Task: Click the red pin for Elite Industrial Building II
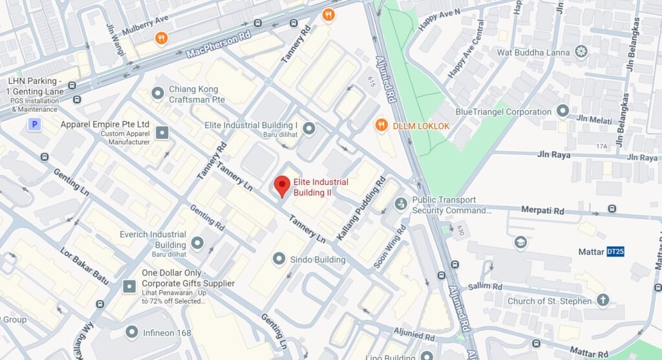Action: point(282,185)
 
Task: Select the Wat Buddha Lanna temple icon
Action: point(581,51)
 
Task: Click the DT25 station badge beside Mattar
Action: point(615,251)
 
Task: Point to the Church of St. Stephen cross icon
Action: point(603,301)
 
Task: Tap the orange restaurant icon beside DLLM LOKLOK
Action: point(381,125)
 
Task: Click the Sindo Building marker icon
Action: point(279,259)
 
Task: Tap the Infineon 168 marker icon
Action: point(132,332)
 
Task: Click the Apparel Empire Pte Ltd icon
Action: point(162,132)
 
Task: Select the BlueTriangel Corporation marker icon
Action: point(562,112)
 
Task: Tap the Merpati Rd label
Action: point(542,211)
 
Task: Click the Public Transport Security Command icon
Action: point(401,205)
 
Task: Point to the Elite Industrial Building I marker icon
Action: point(309,129)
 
